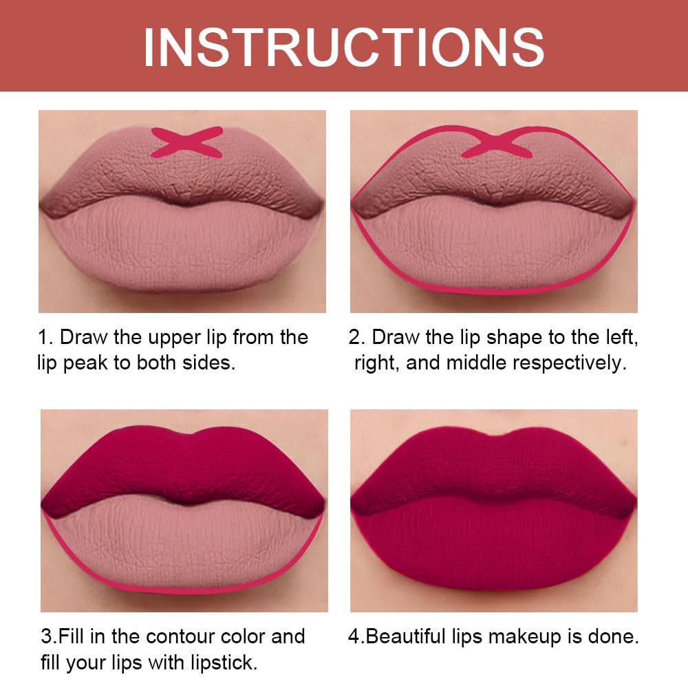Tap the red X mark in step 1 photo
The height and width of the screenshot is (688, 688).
click(186, 142)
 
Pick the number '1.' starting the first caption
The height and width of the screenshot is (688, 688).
click(45, 337)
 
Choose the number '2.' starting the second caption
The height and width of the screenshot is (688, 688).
click(356, 337)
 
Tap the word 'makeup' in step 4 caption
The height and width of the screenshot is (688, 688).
click(524, 636)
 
